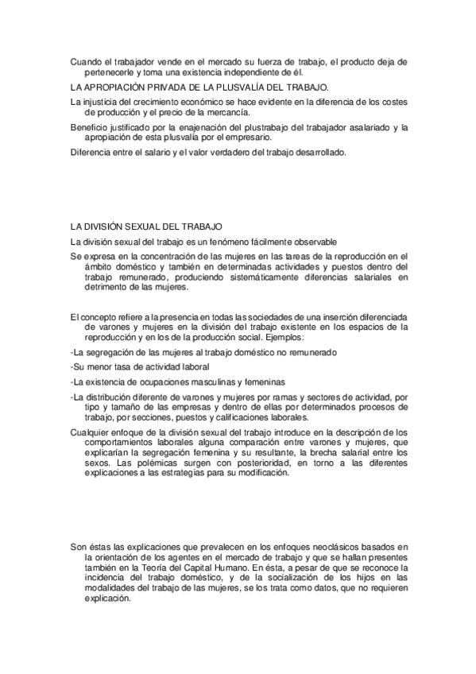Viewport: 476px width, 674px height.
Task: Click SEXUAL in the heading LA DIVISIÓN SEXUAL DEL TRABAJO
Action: pos(147,227)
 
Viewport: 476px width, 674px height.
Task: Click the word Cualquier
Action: pos(90,431)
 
